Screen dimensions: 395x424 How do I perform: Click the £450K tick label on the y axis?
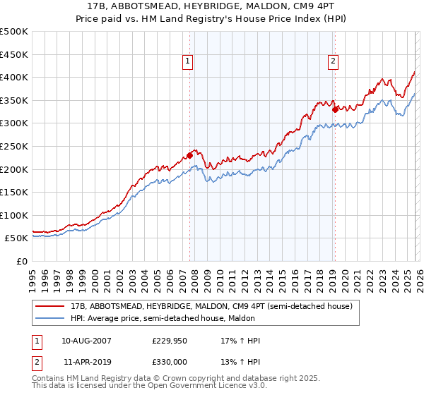[14, 54]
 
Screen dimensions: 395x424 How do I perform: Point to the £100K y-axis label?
[14, 215]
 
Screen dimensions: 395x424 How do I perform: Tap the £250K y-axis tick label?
[14, 146]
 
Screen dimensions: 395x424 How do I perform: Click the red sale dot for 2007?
[189, 155]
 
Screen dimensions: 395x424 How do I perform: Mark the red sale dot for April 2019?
[335, 109]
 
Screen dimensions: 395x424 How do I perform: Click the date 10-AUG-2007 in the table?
[86, 341]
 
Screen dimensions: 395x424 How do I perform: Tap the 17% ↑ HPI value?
[240, 341]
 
